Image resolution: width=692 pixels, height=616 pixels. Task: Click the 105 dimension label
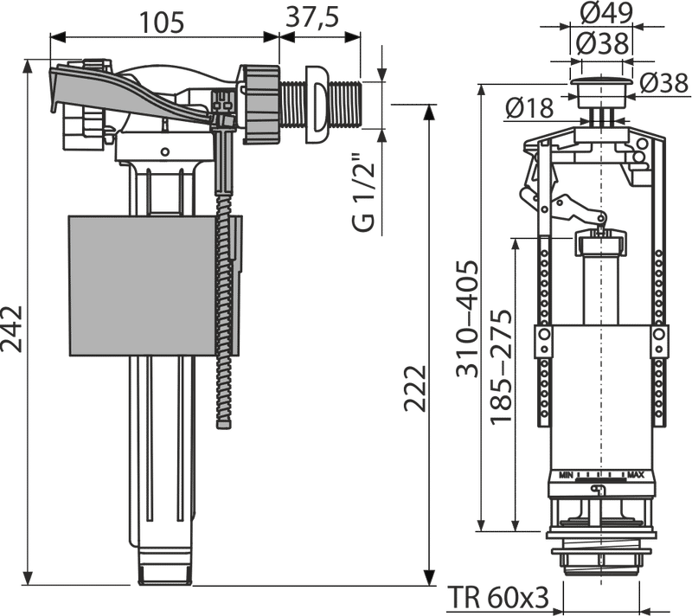(162, 22)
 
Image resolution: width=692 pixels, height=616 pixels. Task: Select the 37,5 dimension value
(312, 17)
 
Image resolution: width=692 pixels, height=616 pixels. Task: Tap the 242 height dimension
(11, 329)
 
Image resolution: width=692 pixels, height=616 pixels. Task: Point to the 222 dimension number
(415, 388)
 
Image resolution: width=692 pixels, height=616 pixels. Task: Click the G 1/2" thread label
(363, 192)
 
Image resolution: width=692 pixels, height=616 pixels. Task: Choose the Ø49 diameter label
(606, 13)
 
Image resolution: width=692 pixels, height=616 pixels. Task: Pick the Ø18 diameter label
(529, 108)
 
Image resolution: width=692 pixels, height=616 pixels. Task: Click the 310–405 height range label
(467, 318)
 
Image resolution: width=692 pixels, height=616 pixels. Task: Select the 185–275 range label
(501, 367)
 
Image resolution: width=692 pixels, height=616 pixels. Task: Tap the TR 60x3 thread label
(498, 598)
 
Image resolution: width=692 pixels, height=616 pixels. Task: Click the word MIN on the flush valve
(567, 475)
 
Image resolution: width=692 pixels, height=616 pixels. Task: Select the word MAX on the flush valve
(636, 475)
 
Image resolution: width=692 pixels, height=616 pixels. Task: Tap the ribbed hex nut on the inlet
(259, 104)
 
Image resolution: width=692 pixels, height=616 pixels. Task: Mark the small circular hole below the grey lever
(164, 151)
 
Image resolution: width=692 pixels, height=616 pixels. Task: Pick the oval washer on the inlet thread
(317, 105)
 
